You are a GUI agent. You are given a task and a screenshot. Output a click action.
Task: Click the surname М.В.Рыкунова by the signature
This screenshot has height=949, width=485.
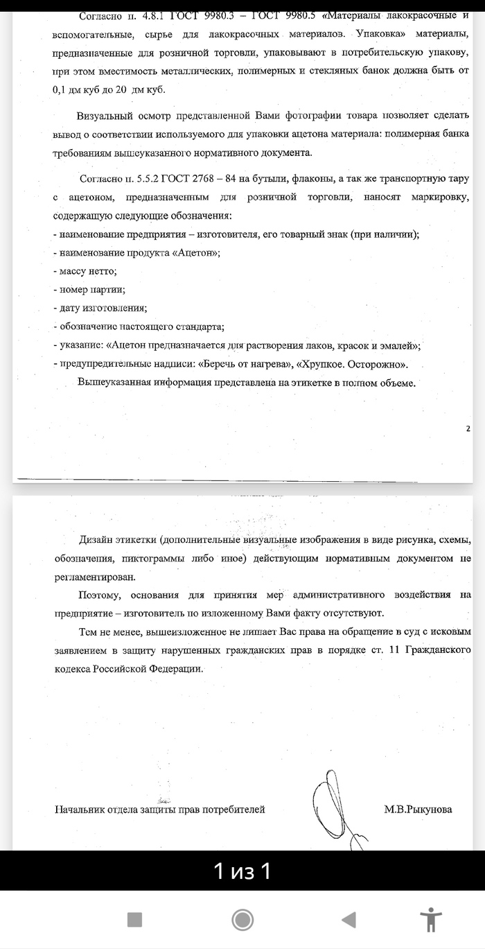coord(418,809)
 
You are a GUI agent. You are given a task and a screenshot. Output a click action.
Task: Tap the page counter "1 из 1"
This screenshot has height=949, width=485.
coord(242,871)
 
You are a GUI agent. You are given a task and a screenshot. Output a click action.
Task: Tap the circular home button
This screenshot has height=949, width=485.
coord(242,920)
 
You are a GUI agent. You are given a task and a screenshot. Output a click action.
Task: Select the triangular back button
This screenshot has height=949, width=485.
coord(349,920)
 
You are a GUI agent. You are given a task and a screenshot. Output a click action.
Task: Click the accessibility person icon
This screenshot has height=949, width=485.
coord(431,920)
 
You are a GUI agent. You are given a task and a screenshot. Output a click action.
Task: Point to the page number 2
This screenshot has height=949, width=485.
coord(468,428)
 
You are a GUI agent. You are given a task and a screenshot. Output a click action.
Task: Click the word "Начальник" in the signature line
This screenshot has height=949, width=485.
coord(80,809)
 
